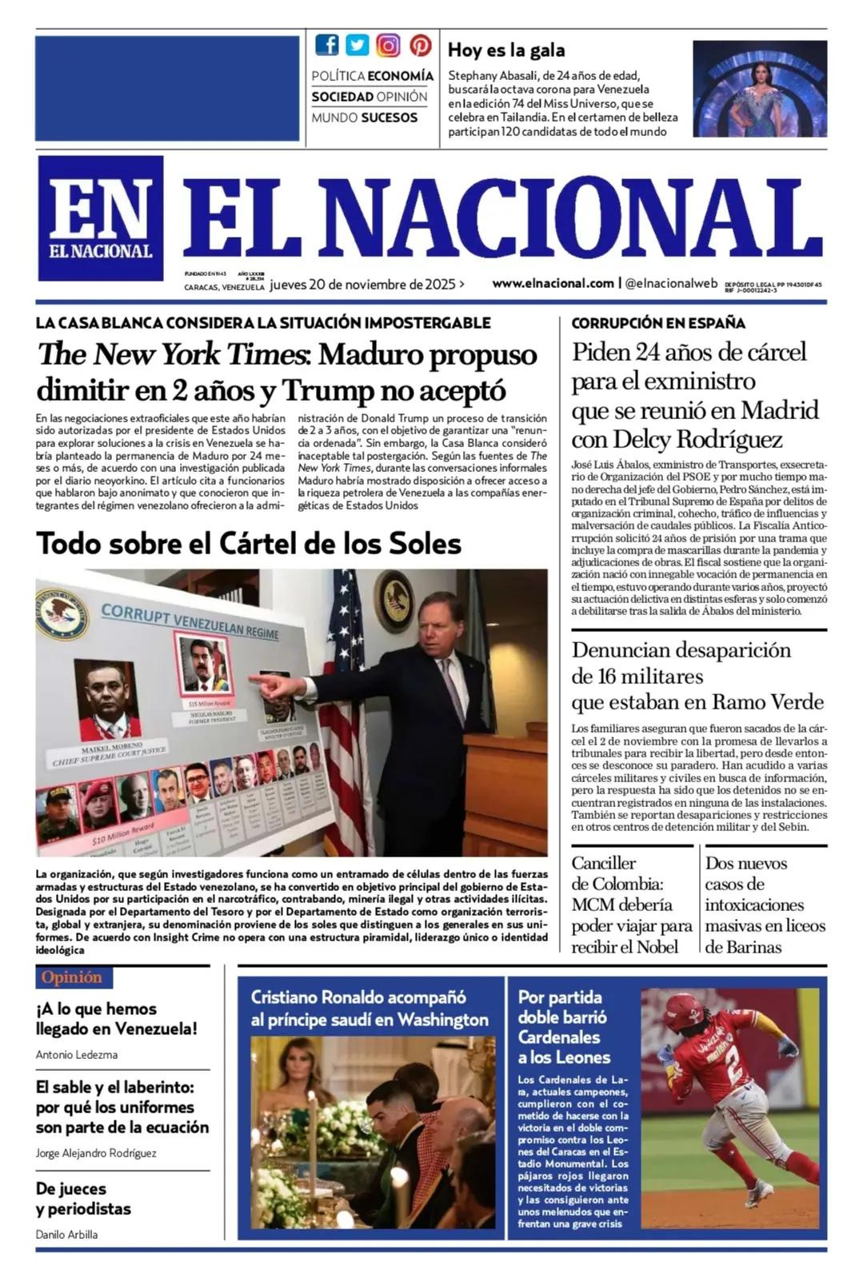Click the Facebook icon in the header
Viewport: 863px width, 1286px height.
click(x=326, y=45)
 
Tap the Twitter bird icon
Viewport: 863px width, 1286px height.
click(x=358, y=45)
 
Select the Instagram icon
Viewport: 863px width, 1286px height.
click(x=388, y=45)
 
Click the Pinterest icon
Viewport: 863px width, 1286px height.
click(x=420, y=45)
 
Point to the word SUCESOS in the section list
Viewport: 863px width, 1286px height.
click(x=387, y=118)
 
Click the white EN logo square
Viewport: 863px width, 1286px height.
click(x=101, y=218)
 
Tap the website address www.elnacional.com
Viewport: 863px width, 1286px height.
click(x=553, y=283)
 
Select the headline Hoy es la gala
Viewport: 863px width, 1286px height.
click(x=506, y=50)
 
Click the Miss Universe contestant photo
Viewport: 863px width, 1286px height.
click(x=759, y=89)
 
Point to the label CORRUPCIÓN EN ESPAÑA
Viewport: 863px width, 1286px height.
click(x=657, y=323)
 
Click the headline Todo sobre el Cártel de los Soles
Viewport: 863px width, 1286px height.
click(x=249, y=544)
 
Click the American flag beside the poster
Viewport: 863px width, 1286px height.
click(x=345, y=704)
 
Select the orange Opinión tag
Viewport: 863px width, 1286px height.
click(x=73, y=977)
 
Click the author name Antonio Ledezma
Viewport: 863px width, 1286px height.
click(x=77, y=1055)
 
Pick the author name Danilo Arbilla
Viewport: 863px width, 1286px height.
click(x=66, y=1234)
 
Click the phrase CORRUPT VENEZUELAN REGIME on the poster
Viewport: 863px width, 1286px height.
click(x=190, y=622)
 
